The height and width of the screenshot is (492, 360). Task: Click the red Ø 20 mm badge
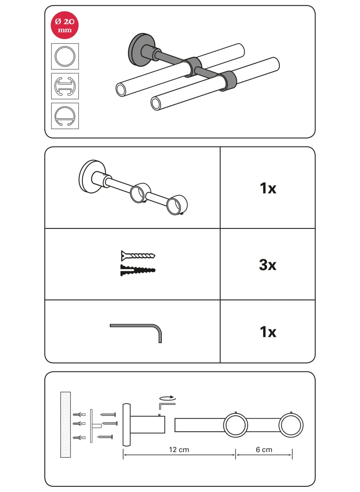click(65, 25)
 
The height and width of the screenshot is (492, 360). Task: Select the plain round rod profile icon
click(65, 56)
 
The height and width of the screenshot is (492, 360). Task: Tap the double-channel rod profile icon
click(65, 86)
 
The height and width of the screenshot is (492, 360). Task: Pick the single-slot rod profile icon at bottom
click(65, 116)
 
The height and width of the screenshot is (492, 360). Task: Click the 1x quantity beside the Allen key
click(268, 332)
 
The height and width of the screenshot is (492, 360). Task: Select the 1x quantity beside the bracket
click(268, 188)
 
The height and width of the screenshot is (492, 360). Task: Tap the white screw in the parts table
click(138, 255)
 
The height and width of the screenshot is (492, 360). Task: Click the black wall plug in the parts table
click(138, 270)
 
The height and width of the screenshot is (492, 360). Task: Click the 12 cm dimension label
click(179, 450)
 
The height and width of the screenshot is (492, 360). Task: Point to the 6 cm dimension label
click(264, 450)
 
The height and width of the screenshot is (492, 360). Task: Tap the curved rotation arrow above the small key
click(167, 398)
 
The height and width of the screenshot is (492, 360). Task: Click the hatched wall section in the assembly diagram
click(65, 424)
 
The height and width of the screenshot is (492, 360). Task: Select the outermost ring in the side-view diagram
click(291, 425)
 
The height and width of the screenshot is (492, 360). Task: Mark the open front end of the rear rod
click(121, 89)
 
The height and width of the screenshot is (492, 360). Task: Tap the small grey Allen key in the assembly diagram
click(167, 405)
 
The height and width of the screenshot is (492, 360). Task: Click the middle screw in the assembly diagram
click(110, 424)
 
